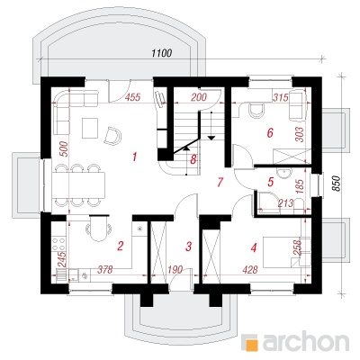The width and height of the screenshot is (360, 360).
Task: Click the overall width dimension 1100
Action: (162, 53)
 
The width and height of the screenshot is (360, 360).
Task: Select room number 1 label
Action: (135, 157)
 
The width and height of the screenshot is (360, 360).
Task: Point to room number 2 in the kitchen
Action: (120, 247)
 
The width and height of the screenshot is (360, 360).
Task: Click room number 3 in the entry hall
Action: (188, 247)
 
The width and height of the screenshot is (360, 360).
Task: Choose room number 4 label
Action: (254, 247)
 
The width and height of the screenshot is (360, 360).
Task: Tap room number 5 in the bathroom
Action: (271, 182)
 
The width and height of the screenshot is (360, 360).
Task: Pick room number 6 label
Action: (270, 132)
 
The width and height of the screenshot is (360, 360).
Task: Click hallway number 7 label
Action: (220, 182)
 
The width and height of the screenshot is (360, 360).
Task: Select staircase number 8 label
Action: (193, 159)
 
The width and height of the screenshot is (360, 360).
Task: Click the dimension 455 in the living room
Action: (132, 97)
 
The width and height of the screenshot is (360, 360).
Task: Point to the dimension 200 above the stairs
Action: (199, 97)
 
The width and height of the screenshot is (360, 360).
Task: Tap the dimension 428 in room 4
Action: (250, 270)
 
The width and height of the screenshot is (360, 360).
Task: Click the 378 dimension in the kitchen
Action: (105, 270)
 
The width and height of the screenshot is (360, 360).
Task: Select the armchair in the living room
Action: (112, 135)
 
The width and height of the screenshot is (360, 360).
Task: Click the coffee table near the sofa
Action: (90, 128)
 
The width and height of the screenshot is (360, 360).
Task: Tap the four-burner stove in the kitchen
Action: (58, 244)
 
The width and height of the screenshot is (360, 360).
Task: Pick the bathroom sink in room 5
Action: (283, 173)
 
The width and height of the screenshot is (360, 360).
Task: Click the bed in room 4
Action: (283, 252)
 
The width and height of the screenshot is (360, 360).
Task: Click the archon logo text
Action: (306, 341)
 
